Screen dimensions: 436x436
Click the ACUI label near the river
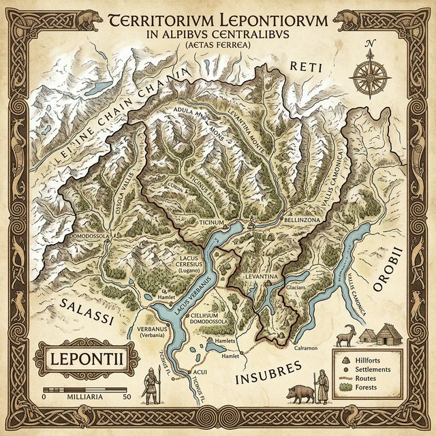pos(200,373)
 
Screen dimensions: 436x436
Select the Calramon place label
pos(305,348)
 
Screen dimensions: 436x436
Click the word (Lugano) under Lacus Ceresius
pos(189,270)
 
